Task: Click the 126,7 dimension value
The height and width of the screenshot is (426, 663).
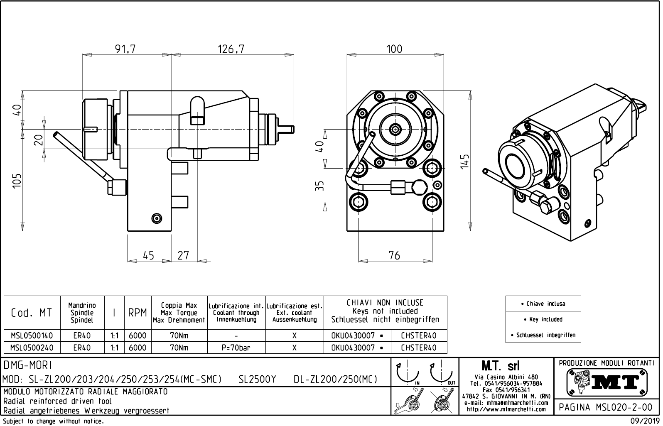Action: coord(231,49)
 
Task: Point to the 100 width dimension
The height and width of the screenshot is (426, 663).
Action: coord(394,49)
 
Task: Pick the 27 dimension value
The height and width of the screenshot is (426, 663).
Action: coord(183,255)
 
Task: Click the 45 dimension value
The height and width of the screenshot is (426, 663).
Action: coord(148,255)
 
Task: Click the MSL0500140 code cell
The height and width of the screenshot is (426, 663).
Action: coord(32,335)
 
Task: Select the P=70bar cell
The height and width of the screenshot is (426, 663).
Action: coord(236,348)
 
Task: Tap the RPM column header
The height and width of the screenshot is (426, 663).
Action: coord(138,313)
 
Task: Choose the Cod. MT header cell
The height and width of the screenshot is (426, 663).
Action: coord(32,313)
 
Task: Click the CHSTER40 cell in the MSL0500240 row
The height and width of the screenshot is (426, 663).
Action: coord(419,348)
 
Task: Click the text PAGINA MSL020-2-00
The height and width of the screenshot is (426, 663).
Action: coord(606,407)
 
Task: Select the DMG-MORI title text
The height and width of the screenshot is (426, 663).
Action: coord(27,365)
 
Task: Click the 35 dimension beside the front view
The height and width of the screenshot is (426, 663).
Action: coord(319,186)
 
